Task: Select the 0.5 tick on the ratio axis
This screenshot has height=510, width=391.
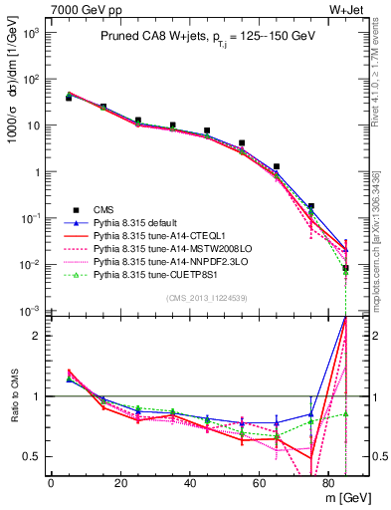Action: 35,456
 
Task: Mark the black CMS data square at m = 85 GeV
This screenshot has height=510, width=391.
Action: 345,268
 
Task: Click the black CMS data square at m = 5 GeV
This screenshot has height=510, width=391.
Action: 68,99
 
